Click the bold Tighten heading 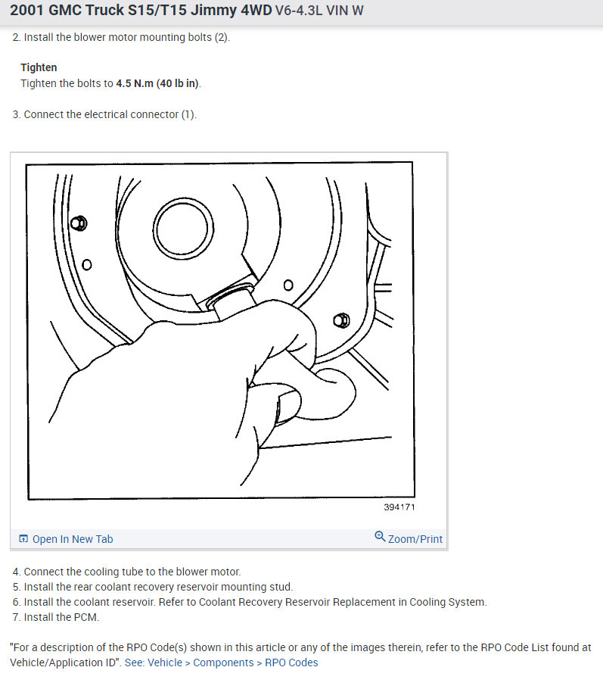pyautogui.click(x=39, y=67)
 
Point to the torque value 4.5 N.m pyautogui.click(x=134, y=83)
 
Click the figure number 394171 pyautogui.click(x=399, y=507)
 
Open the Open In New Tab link pyautogui.click(x=73, y=539)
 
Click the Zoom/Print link pyautogui.click(x=415, y=539)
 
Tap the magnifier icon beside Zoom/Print pyautogui.click(x=380, y=538)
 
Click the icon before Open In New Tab pyautogui.click(x=23, y=539)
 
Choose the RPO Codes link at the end pyautogui.click(x=291, y=662)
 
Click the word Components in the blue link pyautogui.click(x=223, y=662)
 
